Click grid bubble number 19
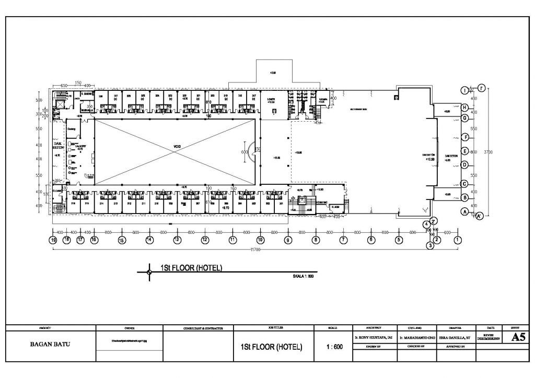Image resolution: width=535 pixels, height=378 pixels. click(53, 240)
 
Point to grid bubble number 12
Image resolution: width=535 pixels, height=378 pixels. click(205, 240)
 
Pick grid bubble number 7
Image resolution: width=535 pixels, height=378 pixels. click(343, 240)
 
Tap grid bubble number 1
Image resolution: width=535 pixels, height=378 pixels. click(458, 240)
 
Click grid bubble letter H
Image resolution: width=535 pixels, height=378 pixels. click(464, 108)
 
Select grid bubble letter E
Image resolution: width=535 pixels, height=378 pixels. click(464, 151)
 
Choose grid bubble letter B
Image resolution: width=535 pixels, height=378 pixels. click(464, 197)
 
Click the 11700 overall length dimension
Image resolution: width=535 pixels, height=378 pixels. click(255, 250)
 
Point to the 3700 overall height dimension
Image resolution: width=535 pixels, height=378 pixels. click(488, 151)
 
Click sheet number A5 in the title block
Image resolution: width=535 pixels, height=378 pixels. click(518, 338)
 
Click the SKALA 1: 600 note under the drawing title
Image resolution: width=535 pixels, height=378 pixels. click(303, 276)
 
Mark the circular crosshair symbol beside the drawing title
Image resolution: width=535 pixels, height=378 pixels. click(149, 271)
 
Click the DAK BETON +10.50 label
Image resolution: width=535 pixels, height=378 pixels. click(428, 157)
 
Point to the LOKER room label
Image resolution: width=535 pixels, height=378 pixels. click(271, 99)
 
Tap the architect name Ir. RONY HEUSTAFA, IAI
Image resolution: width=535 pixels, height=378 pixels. click(374, 338)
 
